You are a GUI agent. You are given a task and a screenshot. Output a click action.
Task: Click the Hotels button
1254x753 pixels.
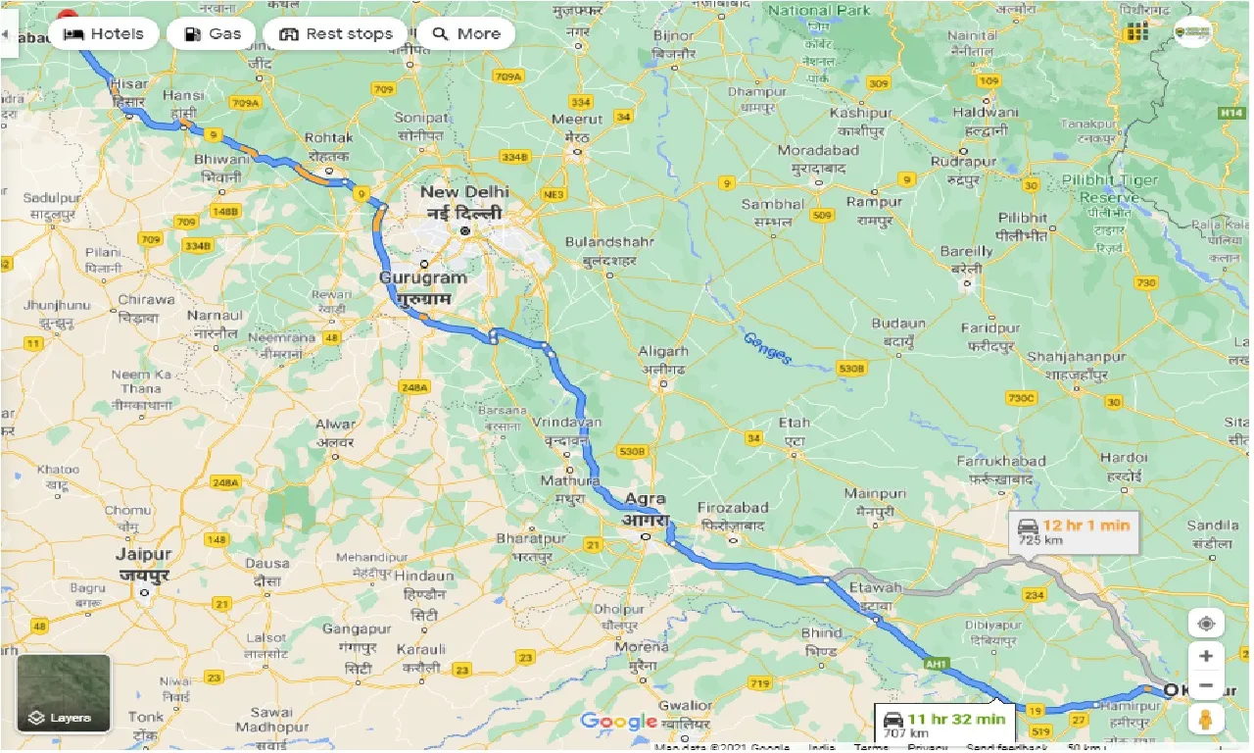point(103,33)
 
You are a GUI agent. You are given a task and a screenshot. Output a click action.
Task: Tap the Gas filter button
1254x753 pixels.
point(211,33)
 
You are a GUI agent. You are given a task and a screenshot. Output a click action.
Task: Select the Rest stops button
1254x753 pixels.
point(335,33)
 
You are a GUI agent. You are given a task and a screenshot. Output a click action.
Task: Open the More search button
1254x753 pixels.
point(466,33)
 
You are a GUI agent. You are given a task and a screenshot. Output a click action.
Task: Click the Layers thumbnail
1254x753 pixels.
point(64,694)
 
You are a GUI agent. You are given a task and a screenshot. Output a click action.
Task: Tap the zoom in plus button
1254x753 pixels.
point(1206,656)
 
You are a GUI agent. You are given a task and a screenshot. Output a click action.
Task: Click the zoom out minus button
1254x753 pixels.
point(1206,685)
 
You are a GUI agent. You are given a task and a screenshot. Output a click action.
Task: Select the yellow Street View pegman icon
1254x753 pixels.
point(1206,719)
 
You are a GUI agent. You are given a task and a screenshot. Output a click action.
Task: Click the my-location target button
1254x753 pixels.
point(1206,623)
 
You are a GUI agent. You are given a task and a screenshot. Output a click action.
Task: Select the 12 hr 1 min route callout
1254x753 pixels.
point(1074,531)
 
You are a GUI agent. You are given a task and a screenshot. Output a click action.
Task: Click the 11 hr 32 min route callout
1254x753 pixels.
point(944,725)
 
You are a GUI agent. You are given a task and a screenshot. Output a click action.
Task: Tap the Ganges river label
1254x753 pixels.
point(766,348)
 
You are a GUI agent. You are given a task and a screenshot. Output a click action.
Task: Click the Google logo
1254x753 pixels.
point(618,722)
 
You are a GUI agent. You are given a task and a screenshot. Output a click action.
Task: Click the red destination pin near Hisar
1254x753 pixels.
point(68,17)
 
